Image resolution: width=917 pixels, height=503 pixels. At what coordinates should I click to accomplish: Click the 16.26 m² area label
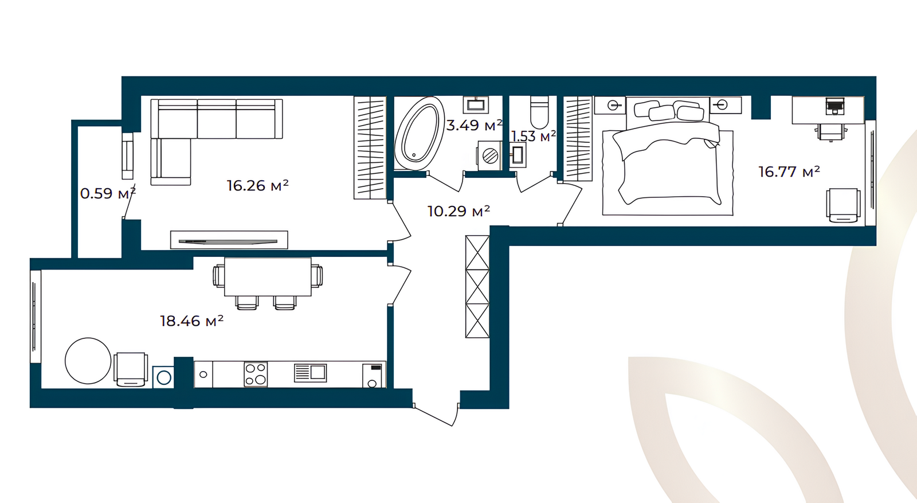258,186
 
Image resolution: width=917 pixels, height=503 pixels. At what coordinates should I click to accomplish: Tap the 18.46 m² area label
191,321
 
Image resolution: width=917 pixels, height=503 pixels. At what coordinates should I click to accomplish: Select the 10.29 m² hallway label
458,211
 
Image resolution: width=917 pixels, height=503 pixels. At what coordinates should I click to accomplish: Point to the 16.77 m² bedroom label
789,171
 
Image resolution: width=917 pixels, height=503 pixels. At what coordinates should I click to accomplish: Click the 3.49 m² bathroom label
474,125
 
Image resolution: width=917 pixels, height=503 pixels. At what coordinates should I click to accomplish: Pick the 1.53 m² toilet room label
534,136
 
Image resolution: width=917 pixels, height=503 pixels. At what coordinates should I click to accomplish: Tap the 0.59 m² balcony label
108,193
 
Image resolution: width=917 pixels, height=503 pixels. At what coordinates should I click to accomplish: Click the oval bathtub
419,133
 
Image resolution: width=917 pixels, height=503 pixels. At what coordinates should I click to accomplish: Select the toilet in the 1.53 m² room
539,112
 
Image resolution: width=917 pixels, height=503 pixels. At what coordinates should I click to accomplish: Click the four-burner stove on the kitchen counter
256,374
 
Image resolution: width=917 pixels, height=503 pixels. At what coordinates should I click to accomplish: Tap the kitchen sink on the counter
310,373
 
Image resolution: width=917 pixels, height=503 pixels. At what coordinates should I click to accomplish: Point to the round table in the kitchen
88,361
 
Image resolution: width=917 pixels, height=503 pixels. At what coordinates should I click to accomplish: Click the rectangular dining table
268,276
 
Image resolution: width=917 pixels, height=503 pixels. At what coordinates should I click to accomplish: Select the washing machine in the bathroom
489,155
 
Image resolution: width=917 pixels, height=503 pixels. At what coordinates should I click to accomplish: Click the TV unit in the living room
229,240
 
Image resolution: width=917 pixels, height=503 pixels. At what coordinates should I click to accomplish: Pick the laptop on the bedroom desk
835,106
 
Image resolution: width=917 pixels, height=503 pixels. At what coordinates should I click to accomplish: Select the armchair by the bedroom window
843,205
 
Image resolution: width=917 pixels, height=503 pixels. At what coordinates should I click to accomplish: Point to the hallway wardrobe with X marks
477,287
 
